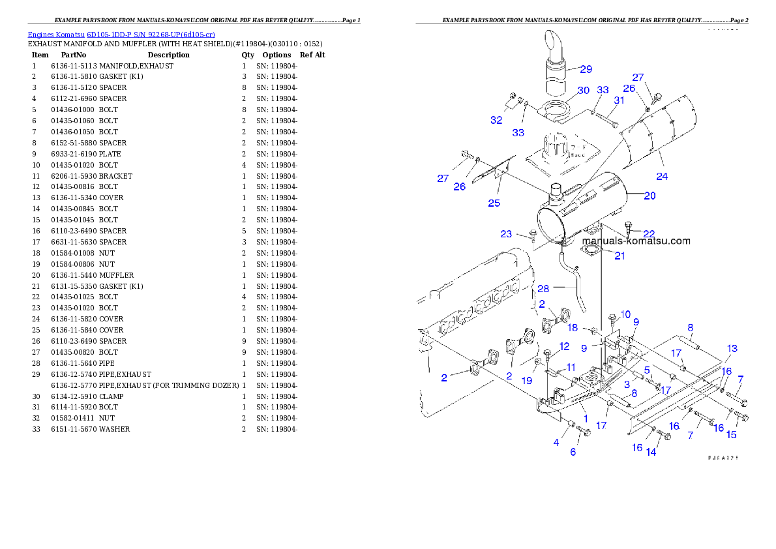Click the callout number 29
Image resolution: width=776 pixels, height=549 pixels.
click(586, 69)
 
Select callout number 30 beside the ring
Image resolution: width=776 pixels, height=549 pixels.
click(583, 90)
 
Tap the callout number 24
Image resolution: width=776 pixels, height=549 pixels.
click(662, 176)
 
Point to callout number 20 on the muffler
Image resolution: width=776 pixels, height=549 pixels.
click(649, 196)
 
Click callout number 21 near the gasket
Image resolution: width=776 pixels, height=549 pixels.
click(619, 256)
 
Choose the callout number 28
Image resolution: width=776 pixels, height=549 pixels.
click(543, 288)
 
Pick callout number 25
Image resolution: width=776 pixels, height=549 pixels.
click(494, 203)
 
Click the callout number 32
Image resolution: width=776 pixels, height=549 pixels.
click(497, 120)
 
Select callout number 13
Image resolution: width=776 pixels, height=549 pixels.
click(732, 349)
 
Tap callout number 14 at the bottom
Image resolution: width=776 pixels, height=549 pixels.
click(651, 452)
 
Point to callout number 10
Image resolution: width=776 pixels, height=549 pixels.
click(625, 314)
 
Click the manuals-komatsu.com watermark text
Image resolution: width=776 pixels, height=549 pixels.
click(635, 241)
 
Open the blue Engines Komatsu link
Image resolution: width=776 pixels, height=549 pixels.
click(121, 35)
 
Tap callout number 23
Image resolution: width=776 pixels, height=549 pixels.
click(507, 234)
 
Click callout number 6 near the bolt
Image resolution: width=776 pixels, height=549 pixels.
click(573, 452)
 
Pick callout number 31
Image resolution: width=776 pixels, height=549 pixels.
click(619, 100)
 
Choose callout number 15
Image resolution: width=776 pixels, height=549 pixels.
click(732, 435)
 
